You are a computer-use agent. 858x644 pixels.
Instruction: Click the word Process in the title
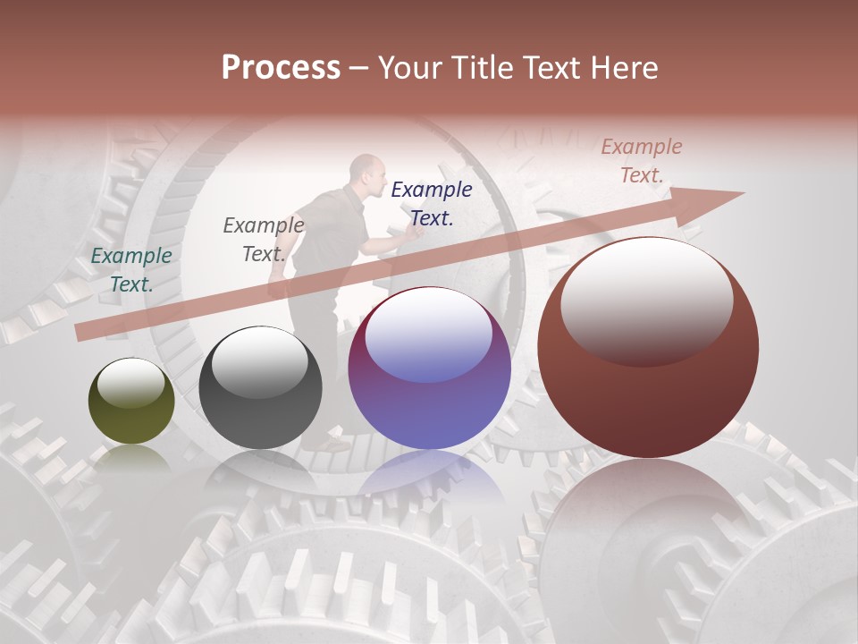pos(281,68)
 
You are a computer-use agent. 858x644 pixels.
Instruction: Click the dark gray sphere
pos(260,388)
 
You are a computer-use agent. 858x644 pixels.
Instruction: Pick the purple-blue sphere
pos(429,368)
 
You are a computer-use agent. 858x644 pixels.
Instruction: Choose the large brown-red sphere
pos(648,347)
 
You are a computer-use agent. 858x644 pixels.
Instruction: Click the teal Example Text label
pos(131,269)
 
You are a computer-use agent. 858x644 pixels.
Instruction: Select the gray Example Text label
pos(263,239)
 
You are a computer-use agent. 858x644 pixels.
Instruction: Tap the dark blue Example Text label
pos(431,203)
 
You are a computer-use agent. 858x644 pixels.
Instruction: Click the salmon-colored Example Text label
pos(641,161)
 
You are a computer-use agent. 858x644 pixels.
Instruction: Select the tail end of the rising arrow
pos(85,331)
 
